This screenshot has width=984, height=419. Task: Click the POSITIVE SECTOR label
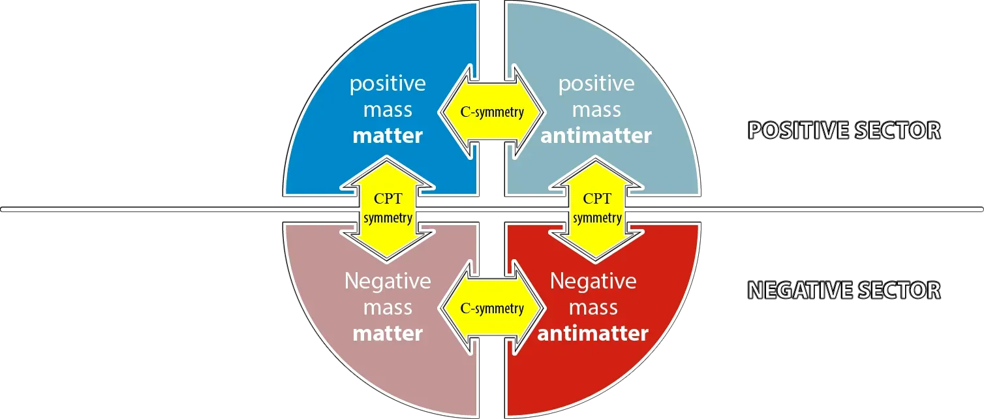[x=844, y=131]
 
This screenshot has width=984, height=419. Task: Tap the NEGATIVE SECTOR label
[x=844, y=290]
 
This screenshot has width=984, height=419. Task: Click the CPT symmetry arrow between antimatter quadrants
[x=597, y=208]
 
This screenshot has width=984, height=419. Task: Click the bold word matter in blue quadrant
[x=388, y=136]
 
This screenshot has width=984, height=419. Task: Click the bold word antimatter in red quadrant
[x=592, y=334]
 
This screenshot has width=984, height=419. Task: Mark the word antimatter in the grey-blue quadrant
[x=596, y=136]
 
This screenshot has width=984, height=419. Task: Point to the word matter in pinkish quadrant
[x=388, y=334]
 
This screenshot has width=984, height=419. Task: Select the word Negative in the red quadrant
[x=593, y=281]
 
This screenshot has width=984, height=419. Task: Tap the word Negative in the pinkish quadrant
[x=388, y=281]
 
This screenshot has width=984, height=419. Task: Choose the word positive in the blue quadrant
[x=388, y=84]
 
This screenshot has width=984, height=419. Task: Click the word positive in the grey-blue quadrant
[x=596, y=84]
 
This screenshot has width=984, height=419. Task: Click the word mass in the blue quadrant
[x=388, y=110]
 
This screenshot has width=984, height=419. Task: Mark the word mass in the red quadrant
[x=593, y=307]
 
